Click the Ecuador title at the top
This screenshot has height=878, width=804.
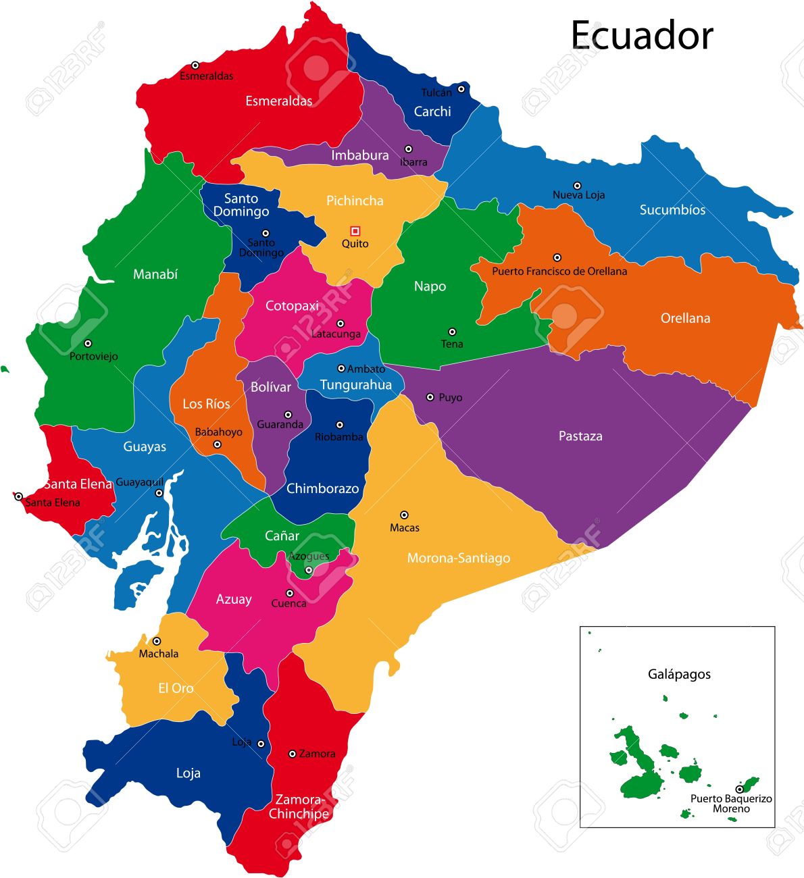pos(641,35)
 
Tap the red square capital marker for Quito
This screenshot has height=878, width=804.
pos(355,231)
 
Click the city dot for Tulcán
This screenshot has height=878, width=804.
pos(461,88)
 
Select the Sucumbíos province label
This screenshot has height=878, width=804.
pos(672,210)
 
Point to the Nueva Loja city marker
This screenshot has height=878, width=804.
pos(577,186)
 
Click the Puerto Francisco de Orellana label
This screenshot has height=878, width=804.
pos(559,272)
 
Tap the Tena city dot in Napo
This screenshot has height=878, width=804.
pos(452,332)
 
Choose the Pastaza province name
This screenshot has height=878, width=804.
pos(580,436)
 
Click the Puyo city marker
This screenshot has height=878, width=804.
pos(430,397)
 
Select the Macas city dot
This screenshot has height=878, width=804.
pos(404,515)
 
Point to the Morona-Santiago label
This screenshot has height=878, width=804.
pos(458,559)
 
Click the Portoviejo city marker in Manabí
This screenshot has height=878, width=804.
pos(88,343)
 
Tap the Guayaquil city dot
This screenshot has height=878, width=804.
pos(159,493)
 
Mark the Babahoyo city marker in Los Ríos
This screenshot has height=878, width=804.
pos(217,444)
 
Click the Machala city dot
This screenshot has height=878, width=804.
pos(157,641)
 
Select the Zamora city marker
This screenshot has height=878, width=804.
pos(293,754)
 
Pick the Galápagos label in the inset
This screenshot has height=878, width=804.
pos(679,674)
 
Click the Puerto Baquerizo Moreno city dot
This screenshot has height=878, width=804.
pos(739,789)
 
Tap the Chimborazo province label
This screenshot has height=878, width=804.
pos(322,488)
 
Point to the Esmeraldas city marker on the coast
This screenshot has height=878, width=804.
pos(195,66)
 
